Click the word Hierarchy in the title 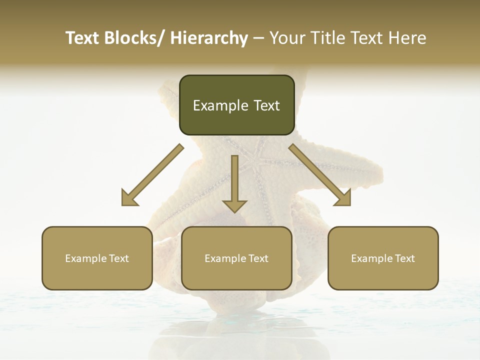coord(209,38)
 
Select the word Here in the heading coord(407,38)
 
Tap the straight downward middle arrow coord(234,180)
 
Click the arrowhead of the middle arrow coord(234,205)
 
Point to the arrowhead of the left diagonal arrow coord(128,199)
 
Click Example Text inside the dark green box coord(236,105)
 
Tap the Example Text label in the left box coord(97,258)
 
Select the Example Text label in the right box coord(383,258)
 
